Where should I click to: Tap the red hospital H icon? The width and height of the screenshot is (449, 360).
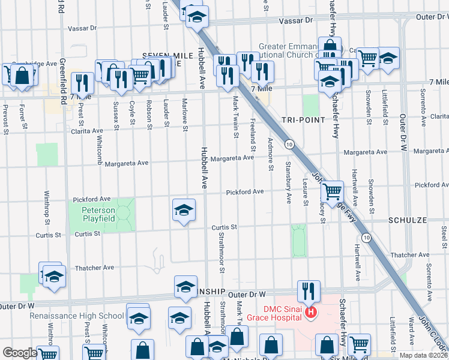coord(310,313)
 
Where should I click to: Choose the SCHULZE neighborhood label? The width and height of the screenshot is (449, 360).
coord(408,221)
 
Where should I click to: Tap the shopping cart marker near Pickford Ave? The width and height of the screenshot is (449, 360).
coord(331,192)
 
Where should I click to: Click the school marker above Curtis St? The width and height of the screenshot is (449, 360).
coord(184,210)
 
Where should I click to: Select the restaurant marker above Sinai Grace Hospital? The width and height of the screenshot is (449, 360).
coord(309,292)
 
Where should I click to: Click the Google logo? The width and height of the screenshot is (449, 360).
coord(19,353)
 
